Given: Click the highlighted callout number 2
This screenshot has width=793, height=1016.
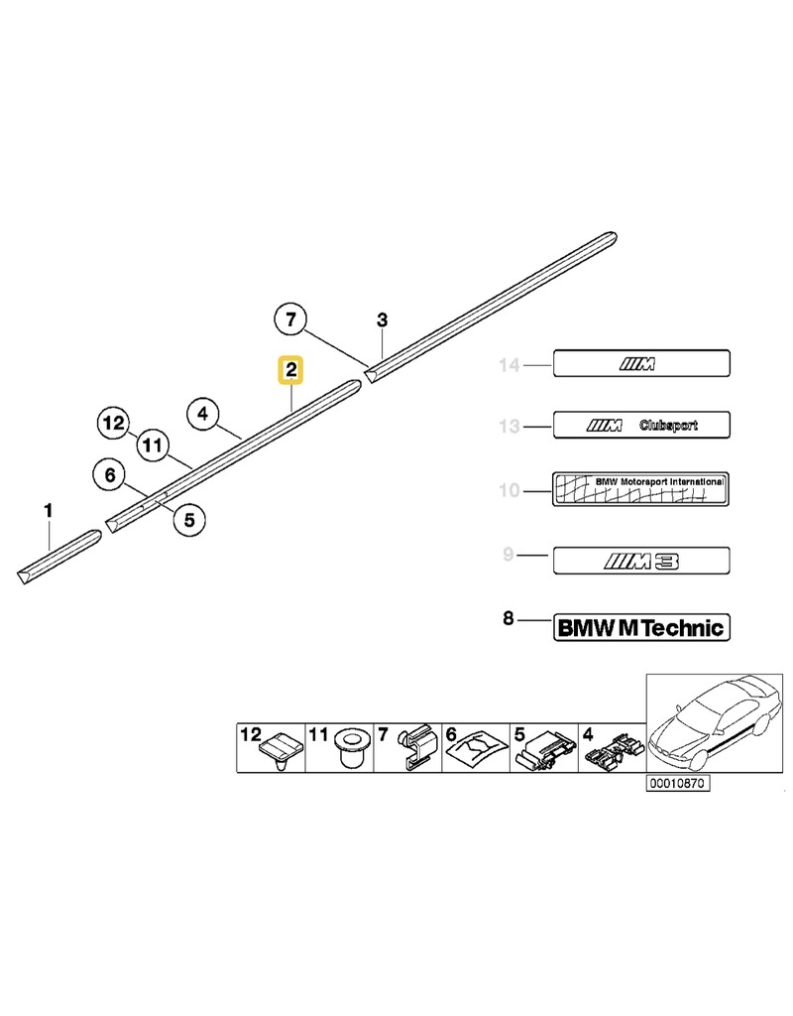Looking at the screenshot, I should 291,371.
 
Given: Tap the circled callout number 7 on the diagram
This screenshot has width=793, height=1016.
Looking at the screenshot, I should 290,319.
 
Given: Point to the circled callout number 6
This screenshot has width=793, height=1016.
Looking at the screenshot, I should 110,476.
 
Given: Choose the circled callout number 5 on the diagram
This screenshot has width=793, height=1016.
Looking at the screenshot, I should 188,517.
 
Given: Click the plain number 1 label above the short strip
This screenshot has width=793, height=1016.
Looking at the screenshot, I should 48,511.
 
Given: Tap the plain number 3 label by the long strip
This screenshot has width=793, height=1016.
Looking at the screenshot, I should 383,319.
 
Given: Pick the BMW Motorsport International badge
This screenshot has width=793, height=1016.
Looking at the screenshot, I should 640,489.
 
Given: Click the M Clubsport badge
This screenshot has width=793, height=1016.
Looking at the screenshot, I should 640,427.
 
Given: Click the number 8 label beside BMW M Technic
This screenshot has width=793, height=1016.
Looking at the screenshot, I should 509,619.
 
